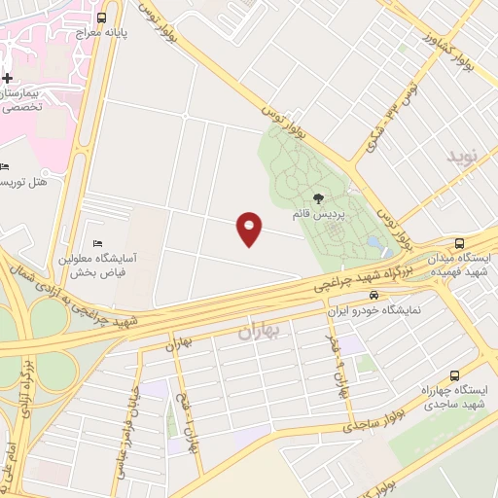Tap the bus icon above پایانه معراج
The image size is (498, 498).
(x=102, y=18)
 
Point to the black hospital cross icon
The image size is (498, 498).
(x=7, y=78)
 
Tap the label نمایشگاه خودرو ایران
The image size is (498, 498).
(x=373, y=311)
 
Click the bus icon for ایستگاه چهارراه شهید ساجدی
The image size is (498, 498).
(x=454, y=375)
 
